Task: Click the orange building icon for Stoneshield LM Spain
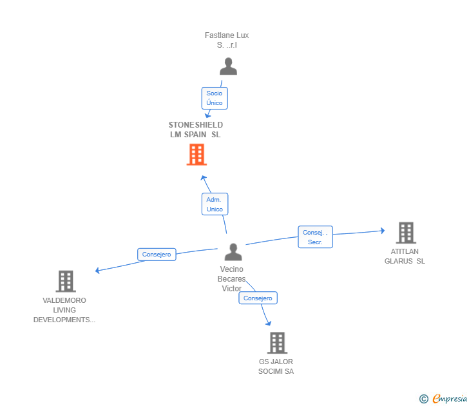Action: (196, 155)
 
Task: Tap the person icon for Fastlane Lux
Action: (228, 66)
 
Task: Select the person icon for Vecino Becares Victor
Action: (233, 252)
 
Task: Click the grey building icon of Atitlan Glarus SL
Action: (405, 233)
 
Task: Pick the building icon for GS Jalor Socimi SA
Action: (276, 343)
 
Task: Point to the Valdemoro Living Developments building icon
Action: (65, 282)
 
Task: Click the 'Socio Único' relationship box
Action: (215, 98)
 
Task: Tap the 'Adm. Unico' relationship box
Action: (215, 204)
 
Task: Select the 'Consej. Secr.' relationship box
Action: (315, 237)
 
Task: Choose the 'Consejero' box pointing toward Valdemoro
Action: (157, 255)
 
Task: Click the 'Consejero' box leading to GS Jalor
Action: (258, 298)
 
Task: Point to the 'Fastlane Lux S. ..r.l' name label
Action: (227, 40)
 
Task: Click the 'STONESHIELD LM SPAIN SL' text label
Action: (196, 130)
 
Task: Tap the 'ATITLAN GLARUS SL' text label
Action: (405, 256)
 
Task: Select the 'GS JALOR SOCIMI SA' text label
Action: (276, 366)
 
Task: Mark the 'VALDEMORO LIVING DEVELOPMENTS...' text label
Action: (64, 310)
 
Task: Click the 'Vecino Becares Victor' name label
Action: (232, 278)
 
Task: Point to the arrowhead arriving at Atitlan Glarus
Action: (382, 230)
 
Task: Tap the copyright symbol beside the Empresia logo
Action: (423, 399)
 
